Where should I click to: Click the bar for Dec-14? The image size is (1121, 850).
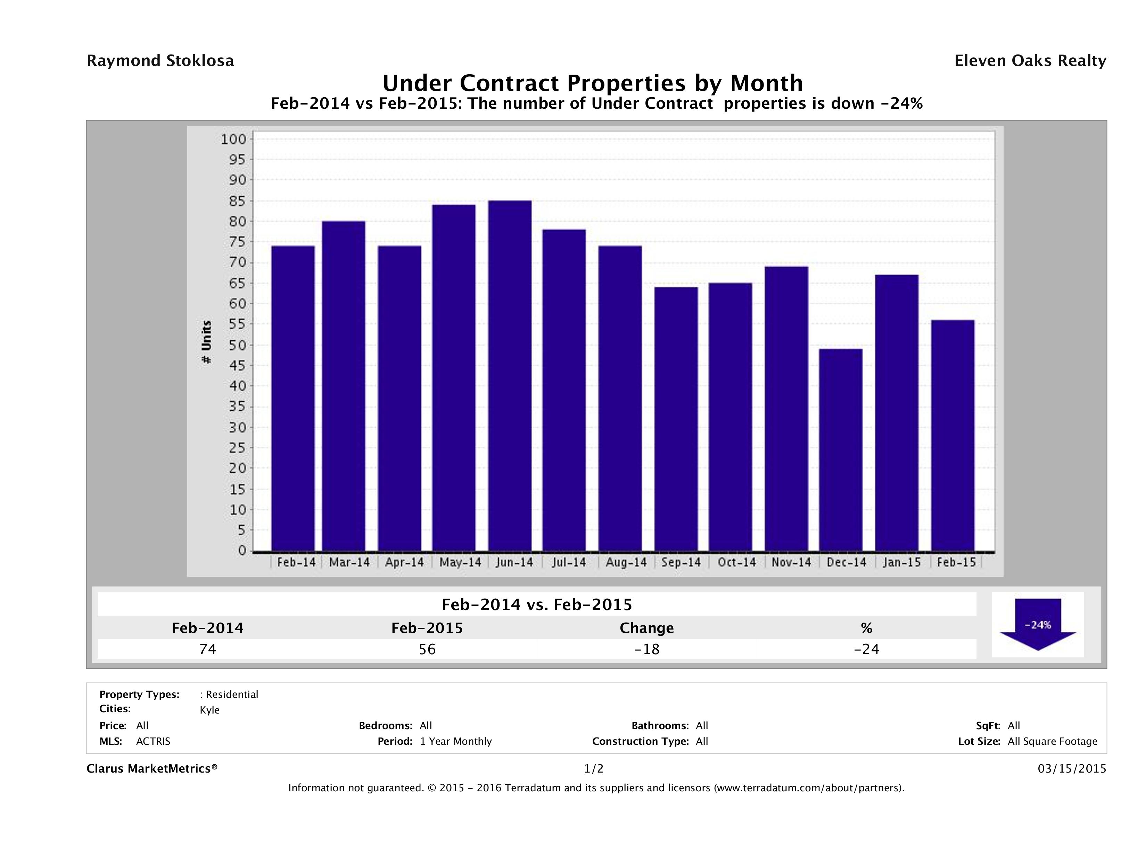pos(840,450)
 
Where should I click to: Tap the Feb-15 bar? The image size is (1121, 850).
pos(953,436)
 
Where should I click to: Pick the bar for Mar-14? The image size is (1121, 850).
pos(344,386)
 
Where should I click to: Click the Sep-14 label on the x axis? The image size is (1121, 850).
pos(681,562)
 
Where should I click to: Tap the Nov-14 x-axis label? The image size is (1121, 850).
pos(791,562)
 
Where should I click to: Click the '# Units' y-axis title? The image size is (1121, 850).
pos(206,342)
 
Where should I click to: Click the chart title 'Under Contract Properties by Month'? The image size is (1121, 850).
pos(592,83)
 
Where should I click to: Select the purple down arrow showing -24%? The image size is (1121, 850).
pos(1038,624)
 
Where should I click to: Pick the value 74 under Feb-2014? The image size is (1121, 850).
pos(208,649)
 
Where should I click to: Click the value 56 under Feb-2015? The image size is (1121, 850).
pos(427,649)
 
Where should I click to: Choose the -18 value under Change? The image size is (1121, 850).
pos(647,649)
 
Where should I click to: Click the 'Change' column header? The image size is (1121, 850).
pos(647,628)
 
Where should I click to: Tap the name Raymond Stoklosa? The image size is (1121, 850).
pos(160,61)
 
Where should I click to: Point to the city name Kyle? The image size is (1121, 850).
pos(210,710)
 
